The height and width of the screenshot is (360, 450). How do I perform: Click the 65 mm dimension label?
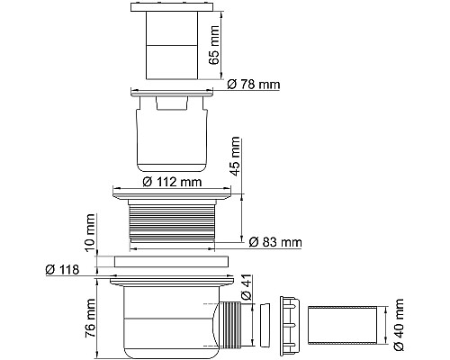(214, 45)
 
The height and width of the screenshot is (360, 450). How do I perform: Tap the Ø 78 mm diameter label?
(254, 85)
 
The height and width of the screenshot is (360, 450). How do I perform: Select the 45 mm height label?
(234, 157)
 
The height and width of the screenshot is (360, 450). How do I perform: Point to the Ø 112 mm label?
(172, 182)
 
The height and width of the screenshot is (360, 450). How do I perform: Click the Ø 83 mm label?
(275, 242)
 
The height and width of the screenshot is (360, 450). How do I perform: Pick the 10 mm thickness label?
(90, 232)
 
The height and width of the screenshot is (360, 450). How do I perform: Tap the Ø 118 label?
(62, 269)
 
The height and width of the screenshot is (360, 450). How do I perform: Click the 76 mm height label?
(90, 318)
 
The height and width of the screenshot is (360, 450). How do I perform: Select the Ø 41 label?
(246, 287)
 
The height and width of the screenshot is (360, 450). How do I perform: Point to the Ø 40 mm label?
(399, 325)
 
